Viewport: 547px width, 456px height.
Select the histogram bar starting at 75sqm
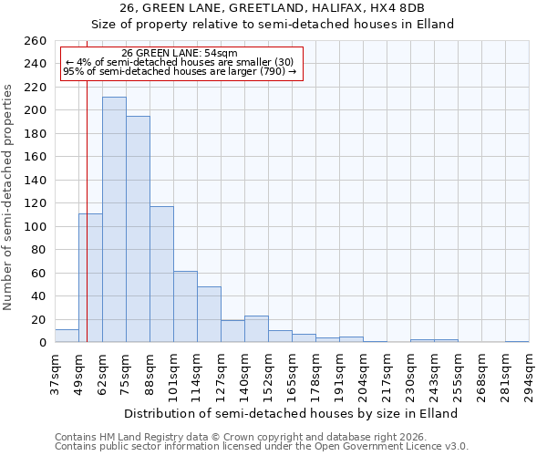(x=138, y=229)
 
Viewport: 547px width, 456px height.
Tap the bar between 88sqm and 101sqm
(x=161, y=274)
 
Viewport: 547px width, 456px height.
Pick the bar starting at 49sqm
(x=90, y=278)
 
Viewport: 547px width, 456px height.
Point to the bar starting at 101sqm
(x=185, y=306)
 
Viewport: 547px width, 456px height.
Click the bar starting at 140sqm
(x=256, y=329)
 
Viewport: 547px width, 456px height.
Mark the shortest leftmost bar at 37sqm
(x=67, y=336)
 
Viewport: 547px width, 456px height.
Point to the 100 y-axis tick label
(x=35, y=227)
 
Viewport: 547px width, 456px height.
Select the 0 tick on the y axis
(x=42, y=343)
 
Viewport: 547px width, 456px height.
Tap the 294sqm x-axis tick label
(x=530, y=374)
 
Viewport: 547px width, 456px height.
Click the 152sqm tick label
(x=269, y=374)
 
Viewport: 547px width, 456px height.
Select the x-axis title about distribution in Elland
(x=291, y=413)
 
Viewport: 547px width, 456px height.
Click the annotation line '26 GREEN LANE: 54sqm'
(x=180, y=53)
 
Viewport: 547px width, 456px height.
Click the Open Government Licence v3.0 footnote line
(x=262, y=447)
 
